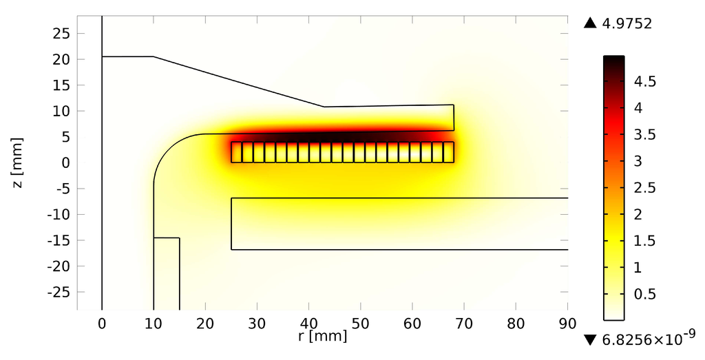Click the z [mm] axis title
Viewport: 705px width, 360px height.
click(x=17, y=162)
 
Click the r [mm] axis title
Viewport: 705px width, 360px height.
click(x=322, y=336)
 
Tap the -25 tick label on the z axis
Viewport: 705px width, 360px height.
click(x=59, y=292)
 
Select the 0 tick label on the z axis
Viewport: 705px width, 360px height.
click(x=66, y=162)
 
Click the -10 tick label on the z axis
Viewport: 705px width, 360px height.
click(x=59, y=214)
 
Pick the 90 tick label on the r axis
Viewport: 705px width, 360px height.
click(x=567, y=324)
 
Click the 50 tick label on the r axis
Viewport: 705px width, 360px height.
click(x=361, y=324)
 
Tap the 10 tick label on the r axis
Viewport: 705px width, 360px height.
click(x=154, y=324)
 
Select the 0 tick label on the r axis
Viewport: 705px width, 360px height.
click(x=102, y=324)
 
